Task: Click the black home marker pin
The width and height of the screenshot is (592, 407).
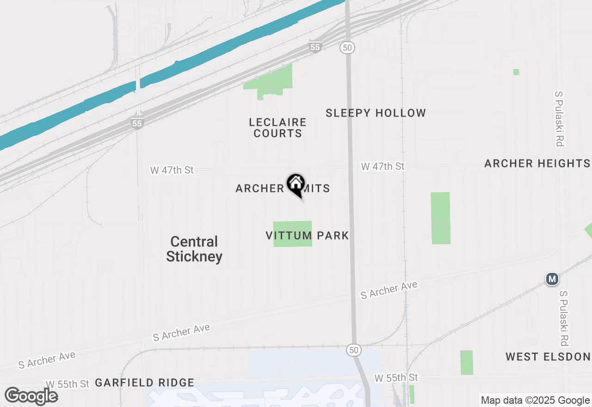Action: click(296, 185)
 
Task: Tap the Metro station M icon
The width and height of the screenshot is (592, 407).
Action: click(551, 279)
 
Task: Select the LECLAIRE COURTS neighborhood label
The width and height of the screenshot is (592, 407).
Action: click(277, 128)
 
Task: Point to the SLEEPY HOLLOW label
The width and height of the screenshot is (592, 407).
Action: click(376, 113)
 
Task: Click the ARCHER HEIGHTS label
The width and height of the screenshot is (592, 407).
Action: click(537, 163)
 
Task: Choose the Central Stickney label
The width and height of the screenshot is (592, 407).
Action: click(194, 249)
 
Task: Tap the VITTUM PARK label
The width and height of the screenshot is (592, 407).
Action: click(307, 235)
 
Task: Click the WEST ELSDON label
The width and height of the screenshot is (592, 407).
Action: click(548, 357)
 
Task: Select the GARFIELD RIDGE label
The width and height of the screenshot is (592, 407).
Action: click(144, 382)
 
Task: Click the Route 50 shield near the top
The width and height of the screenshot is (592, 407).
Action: click(346, 47)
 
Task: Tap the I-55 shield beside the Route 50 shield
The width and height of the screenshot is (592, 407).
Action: click(315, 47)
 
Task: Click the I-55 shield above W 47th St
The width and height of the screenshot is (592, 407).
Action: click(137, 123)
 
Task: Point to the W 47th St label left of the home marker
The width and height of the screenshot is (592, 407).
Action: click(172, 170)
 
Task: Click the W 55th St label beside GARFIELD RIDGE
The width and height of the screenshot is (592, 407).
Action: click(67, 384)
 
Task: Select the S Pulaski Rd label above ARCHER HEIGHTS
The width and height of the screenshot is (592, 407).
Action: click(559, 119)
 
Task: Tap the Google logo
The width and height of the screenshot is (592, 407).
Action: click(31, 396)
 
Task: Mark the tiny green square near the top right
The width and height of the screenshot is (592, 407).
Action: click(516, 72)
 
